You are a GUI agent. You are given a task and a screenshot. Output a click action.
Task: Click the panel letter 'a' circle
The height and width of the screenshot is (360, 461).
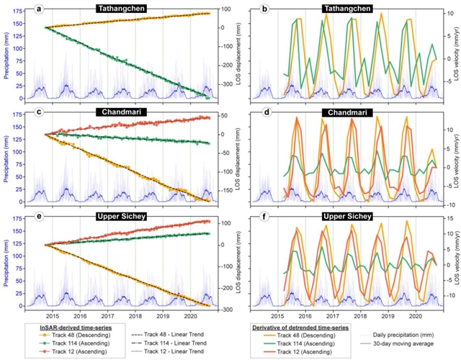pyautogui.click(x=41, y=9)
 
